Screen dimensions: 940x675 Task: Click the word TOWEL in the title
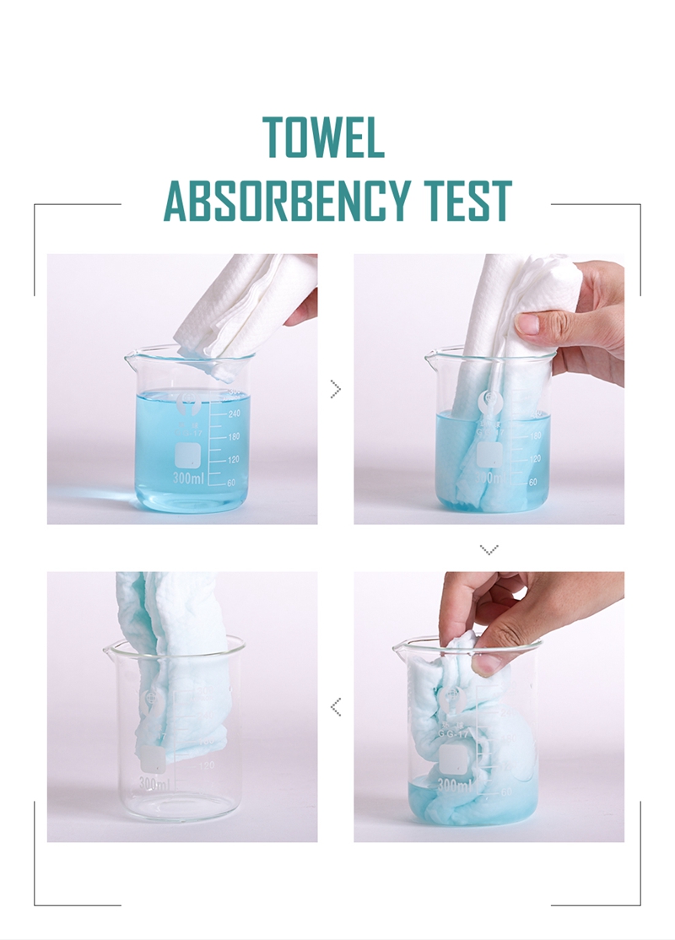click(323, 138)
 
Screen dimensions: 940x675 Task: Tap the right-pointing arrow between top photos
click(335, 389)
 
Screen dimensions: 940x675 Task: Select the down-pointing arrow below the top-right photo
click(489, 549)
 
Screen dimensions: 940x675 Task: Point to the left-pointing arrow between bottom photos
click(335, 706)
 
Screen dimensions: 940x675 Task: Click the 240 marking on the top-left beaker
click(233, 413)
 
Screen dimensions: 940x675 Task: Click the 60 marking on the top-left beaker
click(230, 483)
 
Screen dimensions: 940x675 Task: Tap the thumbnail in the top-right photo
click(529, 322)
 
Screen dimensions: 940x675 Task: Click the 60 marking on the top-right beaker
click(532, 482)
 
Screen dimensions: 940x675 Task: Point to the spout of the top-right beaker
click(430, 355)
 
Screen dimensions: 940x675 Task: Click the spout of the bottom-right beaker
click(399, 648)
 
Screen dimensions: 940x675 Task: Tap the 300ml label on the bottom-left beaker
click(154, 784)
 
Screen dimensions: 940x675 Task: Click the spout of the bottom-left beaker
click(110, 649)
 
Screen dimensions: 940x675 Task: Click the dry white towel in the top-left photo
click(245, 304)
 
